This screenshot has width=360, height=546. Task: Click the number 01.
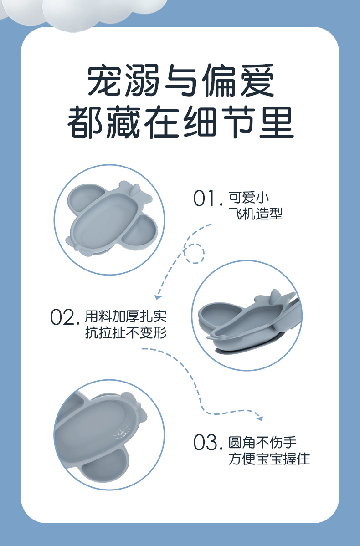pos(208,199)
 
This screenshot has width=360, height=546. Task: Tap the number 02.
pos(63,317)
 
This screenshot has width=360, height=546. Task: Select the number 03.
pos(208,443)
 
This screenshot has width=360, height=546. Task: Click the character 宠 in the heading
pos(104,80)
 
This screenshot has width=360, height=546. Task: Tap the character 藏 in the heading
pos(123,122)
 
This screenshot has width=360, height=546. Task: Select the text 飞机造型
pos(256,214)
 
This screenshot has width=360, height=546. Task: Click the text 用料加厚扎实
pos(126,316)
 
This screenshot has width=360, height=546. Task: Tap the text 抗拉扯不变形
pos(126,332)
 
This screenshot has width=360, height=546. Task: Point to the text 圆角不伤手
pos(262,442)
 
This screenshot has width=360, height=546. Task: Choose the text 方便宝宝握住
pos(269,459)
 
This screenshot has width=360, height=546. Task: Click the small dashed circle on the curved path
pos(194,253)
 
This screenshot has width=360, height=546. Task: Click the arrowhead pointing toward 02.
pos(158,296)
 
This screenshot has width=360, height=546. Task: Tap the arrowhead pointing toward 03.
pos(260,418)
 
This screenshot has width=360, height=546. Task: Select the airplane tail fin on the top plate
pos(134,190)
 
